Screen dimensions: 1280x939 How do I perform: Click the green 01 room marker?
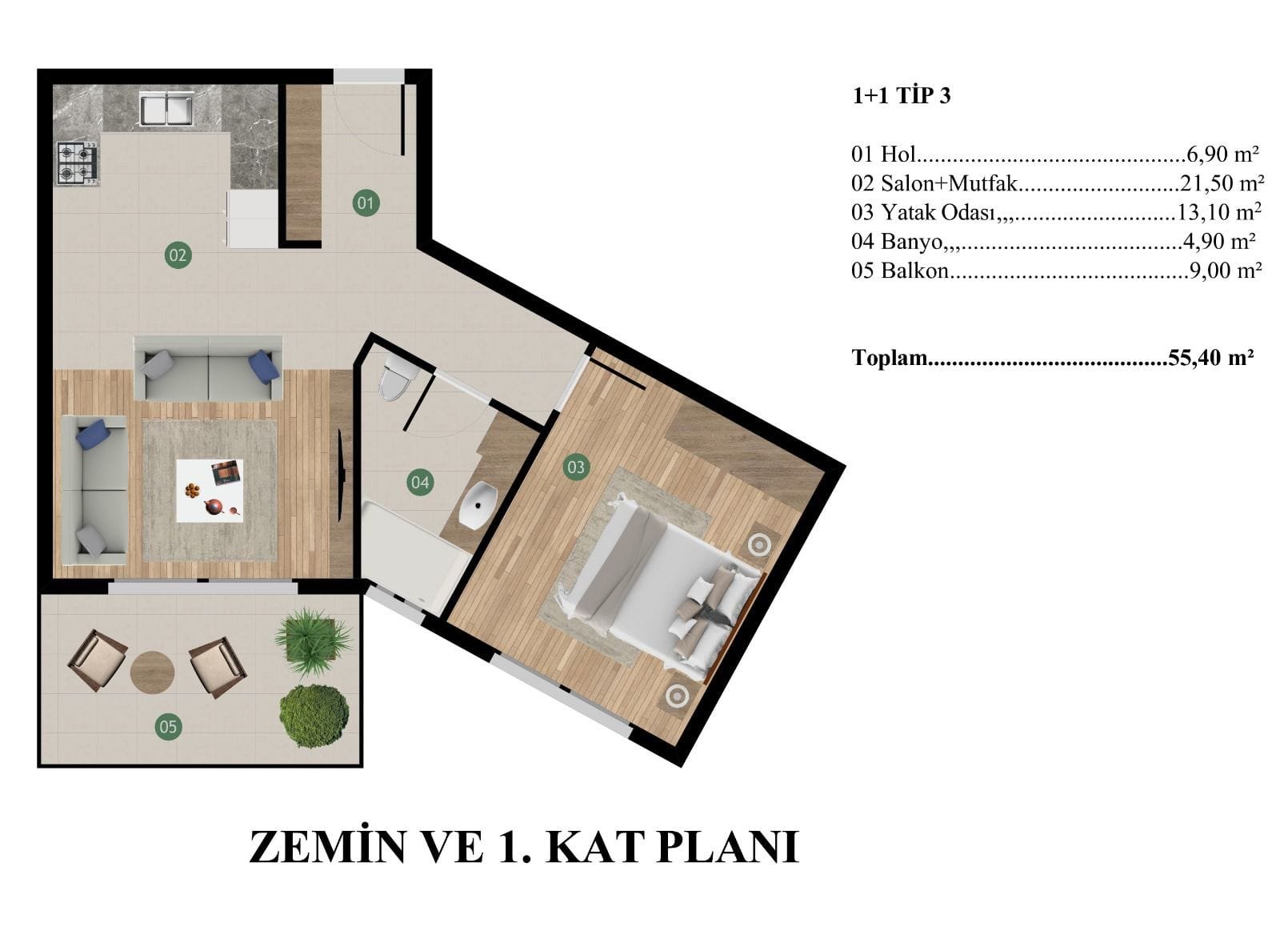pyautogui.click(x=366, y=203)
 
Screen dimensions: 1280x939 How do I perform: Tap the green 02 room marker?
pyautogui.click(x=178, y=255)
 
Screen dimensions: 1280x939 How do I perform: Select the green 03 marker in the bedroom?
pyautogui.click(x=575, y=467)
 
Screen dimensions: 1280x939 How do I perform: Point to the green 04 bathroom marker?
pyautogui.click(x=420, y=482)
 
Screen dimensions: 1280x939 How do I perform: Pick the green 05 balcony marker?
pyautogui.click(x=168, y=727)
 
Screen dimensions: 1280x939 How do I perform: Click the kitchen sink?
pyautogui.click(x=166, y=110)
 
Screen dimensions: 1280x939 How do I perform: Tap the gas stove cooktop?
pyautogui.click(x=77, y=163)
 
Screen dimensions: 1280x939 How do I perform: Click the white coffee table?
pyautogui.click(x=210, y=490)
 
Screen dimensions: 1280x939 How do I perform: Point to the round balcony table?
pyautogui.click(x=152, y=672)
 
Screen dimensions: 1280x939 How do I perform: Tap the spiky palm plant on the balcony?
pyautogui.click(x=313, y=642)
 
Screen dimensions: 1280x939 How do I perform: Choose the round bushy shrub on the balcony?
pyautogui.click(x=314, y=716)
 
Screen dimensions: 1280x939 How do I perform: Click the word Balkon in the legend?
pyautogui.click(x=914, y=271)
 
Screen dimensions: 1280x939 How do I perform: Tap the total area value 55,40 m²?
pyautogui.click(x=1211, y=357)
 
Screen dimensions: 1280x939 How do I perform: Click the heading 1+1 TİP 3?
pyautogui.click(x=901, y=95)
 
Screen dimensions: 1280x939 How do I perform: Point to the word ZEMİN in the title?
pyautogui.click(x=327, y=847)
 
